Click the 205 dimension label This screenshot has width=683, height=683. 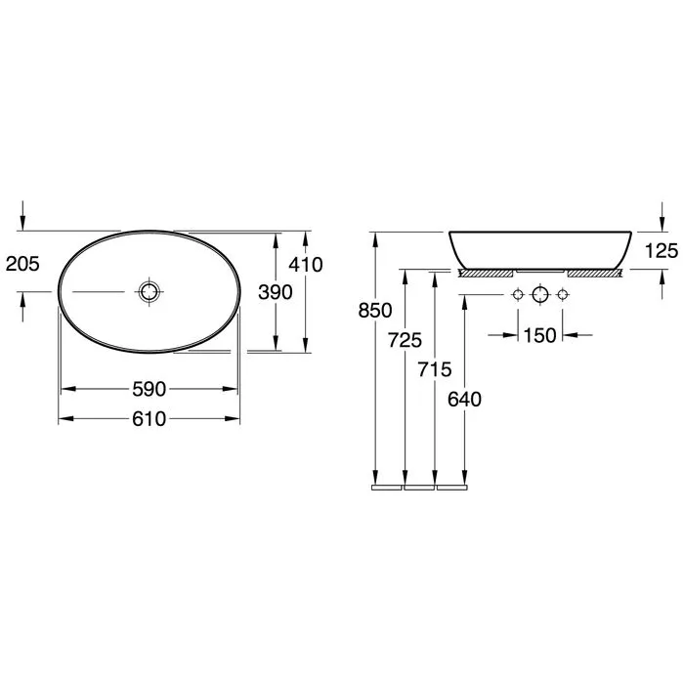click(22, 264)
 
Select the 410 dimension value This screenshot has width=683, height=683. click(306, 265)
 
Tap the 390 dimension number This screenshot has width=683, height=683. click(276, 292)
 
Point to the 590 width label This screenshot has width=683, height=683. click(149, 389)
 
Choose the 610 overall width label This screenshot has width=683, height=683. click(149, 419)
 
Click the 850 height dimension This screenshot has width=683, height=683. click(375, 311)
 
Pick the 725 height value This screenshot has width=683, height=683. click(406, 340)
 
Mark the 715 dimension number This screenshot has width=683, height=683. click(435, 369)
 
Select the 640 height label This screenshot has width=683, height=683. click(465, 400)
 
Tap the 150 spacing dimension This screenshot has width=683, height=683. click(540, 335)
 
